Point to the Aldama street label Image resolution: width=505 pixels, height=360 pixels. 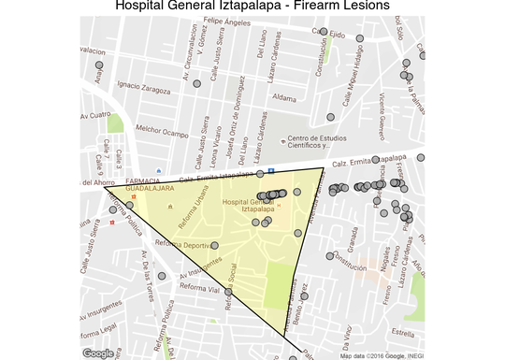coord(283,96)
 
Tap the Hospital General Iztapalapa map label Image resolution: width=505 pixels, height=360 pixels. coord(250,205)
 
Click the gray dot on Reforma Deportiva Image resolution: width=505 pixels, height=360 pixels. coord(214,246)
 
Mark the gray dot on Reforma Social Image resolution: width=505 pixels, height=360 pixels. coord(228,293)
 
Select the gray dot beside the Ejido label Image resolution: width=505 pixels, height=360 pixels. coord(324,32)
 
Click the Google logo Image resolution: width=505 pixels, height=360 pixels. coord(97,353)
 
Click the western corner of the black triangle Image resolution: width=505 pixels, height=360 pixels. coord(105,187)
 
